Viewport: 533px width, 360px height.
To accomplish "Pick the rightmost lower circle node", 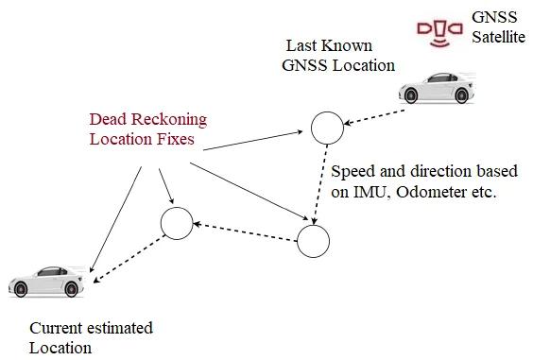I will [x=314, y=240].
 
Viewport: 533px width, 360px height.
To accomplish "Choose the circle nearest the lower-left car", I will [x=177, y=223].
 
